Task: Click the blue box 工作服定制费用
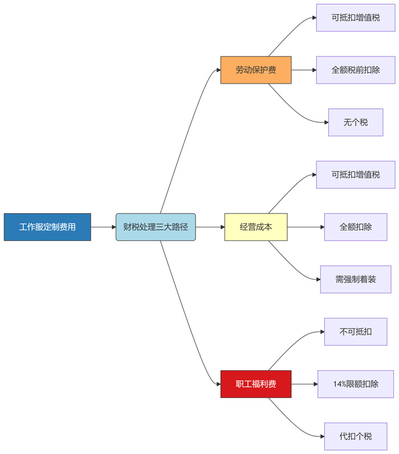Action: pyautogui.click(x=47, y=227)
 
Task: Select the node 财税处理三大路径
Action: pyautogui.click(x=156, y=227)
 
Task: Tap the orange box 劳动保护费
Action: pyautogui.click(x=256, y=70)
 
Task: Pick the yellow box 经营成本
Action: pyautogui.click(x=256, y=227)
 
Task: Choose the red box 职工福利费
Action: pyautogui.click(x=256, y=384)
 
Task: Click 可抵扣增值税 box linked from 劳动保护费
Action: pyautogui.click(x=356, y=18)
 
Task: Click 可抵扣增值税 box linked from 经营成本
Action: pyautogui.click(x=356, y=175)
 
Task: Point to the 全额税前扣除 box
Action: pyautogui.click(x=356, y=70)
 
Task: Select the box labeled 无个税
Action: pyautogui.click(x=356, y=122)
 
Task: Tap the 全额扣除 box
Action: pyautogui.click(x=356, y=227)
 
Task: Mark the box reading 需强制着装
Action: pyautogui.click(x=356, y=279)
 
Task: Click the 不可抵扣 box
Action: pyautogui.click(x=356, y=332)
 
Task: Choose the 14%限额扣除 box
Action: pyautogui.click(x=356, y=384)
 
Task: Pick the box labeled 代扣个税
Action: pyautogui.click(x=356, y=436)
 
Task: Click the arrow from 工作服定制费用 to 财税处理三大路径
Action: pyautogui.click(x=103, y=227)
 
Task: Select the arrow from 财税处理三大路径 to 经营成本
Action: pyautogui.click(x=210, y=227)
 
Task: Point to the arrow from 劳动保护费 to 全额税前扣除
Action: pyautogui.click(x=303, y=70)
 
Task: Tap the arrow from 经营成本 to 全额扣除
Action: pyautogui.click(x=306, y=227)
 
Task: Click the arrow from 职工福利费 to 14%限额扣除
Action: pyautogui.click(x=304, y=384)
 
